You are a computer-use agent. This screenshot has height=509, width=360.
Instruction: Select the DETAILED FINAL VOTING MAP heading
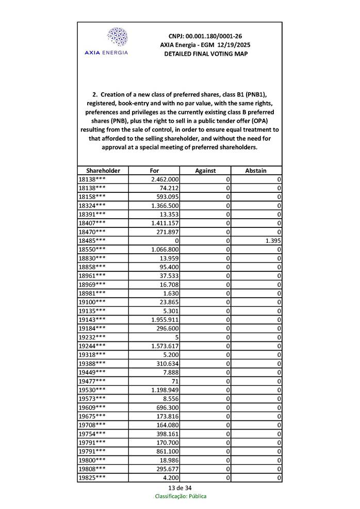(205, 54)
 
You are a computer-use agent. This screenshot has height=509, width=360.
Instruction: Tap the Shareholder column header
(103, 171)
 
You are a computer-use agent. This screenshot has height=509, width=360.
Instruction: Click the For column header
(154, 171)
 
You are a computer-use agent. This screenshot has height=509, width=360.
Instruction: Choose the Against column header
(205, 171)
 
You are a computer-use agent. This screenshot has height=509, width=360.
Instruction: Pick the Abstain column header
(256, 171)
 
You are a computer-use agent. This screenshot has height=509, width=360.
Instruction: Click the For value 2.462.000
(165, 179)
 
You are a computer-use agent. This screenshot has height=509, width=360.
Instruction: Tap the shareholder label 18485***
(92, 241)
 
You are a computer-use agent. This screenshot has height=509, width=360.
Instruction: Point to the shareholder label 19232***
(92, 337)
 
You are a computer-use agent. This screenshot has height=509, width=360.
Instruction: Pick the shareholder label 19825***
(92, 478)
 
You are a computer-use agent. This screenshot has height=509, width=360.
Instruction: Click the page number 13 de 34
(180, 488)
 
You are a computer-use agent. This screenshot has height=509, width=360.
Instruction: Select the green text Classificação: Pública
(181, 497)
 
